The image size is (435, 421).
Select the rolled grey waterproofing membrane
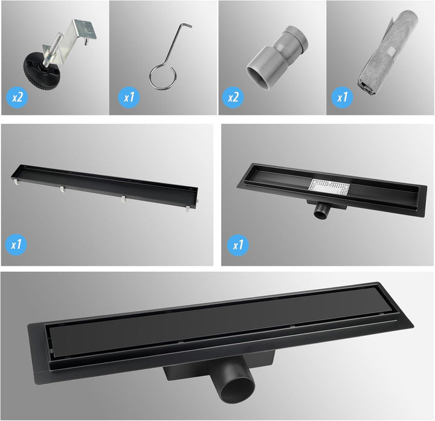click(387, 53)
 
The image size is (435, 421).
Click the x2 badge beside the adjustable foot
click(17, 97)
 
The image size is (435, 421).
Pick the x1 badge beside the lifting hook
click(129, 97)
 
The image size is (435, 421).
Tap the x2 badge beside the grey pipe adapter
click(233, 97)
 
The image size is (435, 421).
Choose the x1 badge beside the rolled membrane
click(342, 97)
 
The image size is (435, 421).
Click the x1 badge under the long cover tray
click(16, 245)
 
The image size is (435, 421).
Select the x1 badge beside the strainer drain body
click(238, 245)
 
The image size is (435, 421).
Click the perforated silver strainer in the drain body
click(329, 187)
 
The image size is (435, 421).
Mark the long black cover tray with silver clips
click(105, 187)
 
